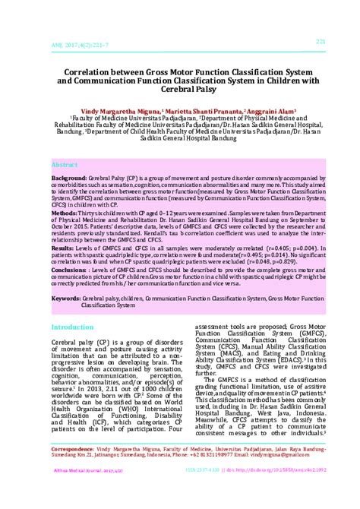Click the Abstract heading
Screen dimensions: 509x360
[x=66, y=164]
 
